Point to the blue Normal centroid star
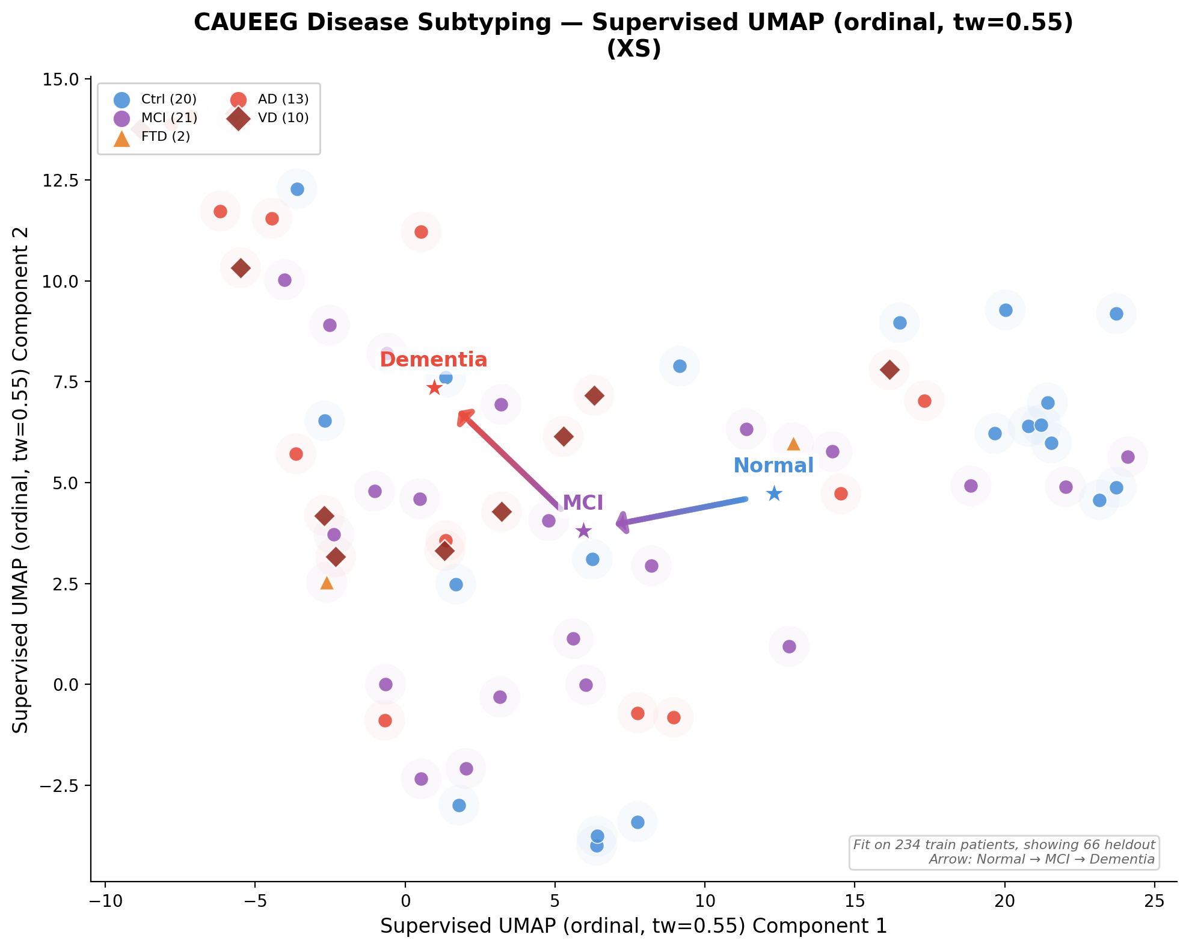pos(774,494)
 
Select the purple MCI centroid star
pos(583,531)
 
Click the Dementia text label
pos(433,360)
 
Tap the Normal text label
pos(773,466)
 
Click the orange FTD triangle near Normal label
pos(793,444)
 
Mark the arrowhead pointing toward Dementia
pos(465,416)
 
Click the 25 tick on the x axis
pos(1154,901)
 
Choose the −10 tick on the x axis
pos(105,901)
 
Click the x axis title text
pos(633,926)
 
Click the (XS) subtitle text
pos(633,49)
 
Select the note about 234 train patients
pos(1004,845)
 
